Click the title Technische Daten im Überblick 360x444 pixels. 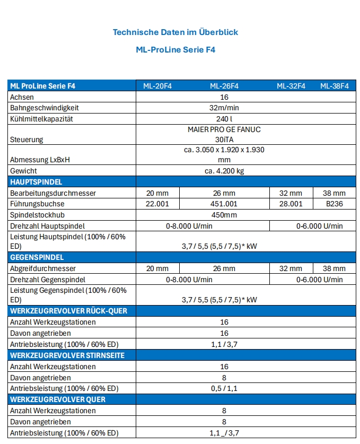point(175,32)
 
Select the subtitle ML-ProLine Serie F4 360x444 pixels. point(175,50)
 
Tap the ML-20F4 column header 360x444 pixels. point(157,86)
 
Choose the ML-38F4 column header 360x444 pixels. point(334,86)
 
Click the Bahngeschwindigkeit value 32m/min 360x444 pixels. point(224,108)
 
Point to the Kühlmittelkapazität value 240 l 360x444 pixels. point(224,119)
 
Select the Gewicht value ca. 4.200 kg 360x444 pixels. point(224,171)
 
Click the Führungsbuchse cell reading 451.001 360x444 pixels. point(224,204)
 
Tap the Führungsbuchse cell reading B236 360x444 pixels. point(334,204)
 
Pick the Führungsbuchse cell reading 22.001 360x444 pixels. point(157,204)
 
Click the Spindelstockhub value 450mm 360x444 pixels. point(224,215)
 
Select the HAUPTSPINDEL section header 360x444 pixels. point(37,182)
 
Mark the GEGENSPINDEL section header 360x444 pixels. point(37,257)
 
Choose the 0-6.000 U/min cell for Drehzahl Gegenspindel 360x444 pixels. point(319,280)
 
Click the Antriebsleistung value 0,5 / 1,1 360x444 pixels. point(224,388)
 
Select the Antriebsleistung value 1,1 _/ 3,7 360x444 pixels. point(224,433)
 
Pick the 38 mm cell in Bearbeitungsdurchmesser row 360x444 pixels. point(334,193)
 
